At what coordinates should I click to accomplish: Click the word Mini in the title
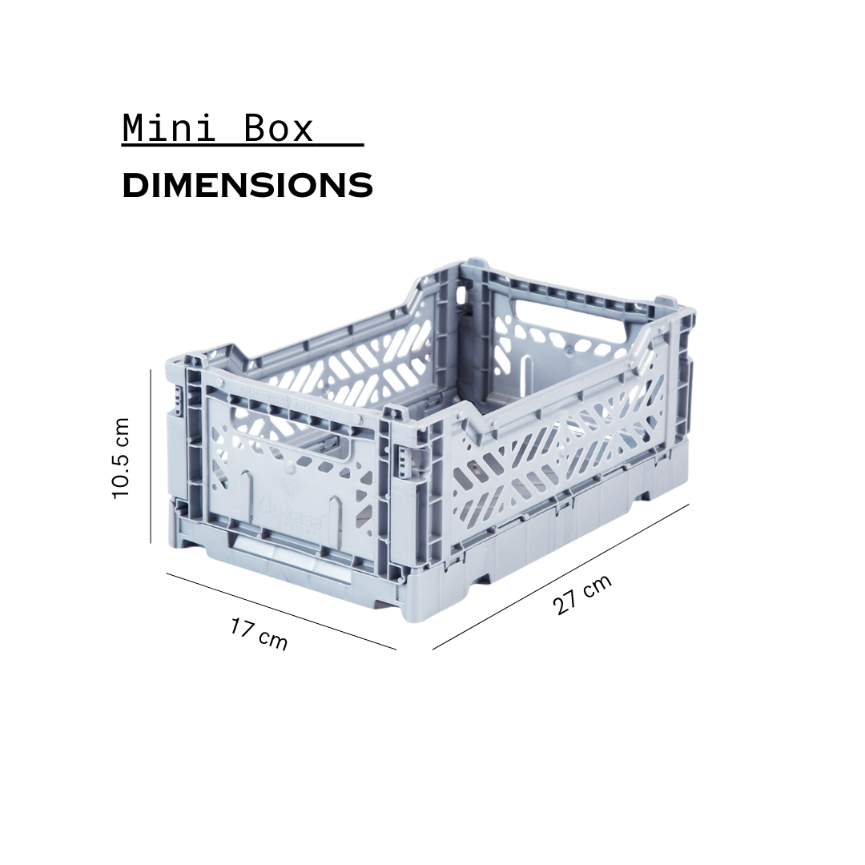(169, 129)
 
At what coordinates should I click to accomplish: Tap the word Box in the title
(277, 129)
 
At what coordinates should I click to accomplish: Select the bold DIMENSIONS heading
(247, 186)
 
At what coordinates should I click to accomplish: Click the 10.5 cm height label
(121, 458)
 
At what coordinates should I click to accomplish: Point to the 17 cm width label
(258, 634)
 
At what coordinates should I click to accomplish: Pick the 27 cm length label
(582, 594)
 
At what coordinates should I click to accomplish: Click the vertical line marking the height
(151, 456)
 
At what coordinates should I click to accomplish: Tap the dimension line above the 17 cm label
(280, 611)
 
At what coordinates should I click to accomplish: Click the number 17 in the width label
(243, 628)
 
